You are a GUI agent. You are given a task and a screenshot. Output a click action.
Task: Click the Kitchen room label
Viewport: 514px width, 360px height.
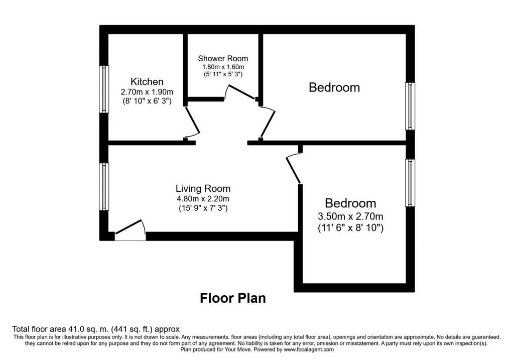(x=147, y=82)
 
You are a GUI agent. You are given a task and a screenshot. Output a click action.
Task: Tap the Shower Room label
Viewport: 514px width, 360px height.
(x=223, y=59)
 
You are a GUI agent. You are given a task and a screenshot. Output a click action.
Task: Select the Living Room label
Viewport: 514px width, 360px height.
(x=203, y=188)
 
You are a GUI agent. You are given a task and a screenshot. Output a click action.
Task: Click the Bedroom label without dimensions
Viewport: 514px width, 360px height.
(x=334, y=87)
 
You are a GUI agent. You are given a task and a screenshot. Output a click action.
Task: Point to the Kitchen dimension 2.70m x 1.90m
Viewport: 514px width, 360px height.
(x=147, y=92)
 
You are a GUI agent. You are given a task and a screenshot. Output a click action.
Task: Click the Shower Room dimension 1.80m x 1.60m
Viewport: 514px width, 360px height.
(x=223, y=67)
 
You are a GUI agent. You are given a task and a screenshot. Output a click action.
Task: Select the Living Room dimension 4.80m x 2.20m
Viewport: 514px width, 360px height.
(x=203, y=199)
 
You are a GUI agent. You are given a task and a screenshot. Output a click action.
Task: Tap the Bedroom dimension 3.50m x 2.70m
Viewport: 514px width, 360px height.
(x=350, y=216)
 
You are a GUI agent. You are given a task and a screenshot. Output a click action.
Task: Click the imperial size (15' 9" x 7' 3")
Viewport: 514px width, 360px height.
(x=203, y=208)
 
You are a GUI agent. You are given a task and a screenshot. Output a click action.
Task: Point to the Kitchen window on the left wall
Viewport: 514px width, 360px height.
(x=104, y=89)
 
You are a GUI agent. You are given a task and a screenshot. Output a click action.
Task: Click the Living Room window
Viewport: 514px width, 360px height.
(x=104, y=187)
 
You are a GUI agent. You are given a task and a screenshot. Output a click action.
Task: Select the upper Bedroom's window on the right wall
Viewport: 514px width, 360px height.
(x=410, y=106)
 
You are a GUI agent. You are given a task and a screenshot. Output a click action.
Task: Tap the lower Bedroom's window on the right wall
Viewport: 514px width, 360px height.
(x=410, y=183)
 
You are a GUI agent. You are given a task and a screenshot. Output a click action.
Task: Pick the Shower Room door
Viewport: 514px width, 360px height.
(x=241, y=92)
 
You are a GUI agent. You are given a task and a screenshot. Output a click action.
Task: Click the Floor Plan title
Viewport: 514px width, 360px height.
(x=233, y=298)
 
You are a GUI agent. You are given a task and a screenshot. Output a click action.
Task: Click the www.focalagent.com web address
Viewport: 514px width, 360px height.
(x=309, y=349)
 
